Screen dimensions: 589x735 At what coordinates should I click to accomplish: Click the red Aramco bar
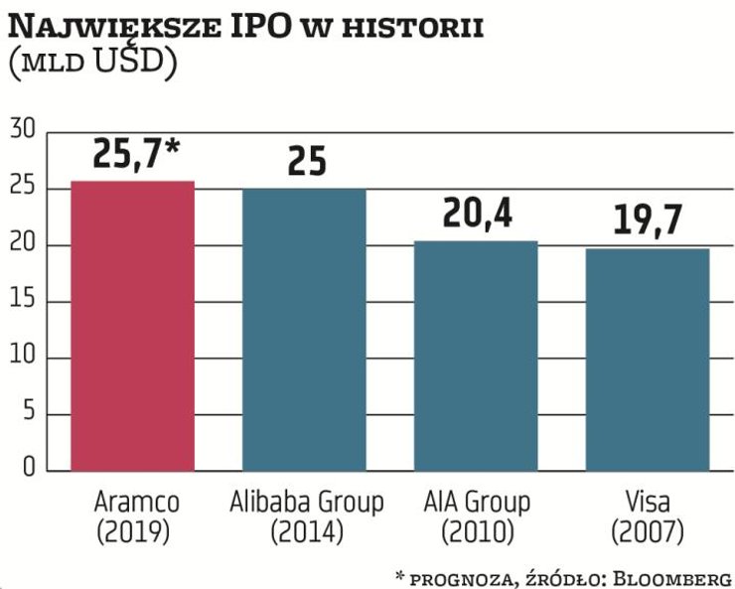click(132, 326)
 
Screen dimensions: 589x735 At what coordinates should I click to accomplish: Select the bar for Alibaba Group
click(305, 329)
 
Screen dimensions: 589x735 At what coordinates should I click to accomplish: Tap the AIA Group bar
click(476, 355)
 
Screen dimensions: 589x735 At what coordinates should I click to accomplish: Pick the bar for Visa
click(648, 359)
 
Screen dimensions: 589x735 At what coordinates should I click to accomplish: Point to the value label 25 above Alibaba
click(306, 160)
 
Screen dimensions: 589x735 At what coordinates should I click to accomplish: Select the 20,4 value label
click(477, 213)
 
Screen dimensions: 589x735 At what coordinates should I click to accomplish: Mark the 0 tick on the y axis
click(28, 469)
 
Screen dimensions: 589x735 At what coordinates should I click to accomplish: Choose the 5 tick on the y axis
click(28, 413)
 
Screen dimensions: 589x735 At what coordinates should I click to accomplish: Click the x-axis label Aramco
click(133, 501)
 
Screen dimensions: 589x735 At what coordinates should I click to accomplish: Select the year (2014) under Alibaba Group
click(306, 532)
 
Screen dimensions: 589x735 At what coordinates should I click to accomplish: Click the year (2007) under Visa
click(647, 532)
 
